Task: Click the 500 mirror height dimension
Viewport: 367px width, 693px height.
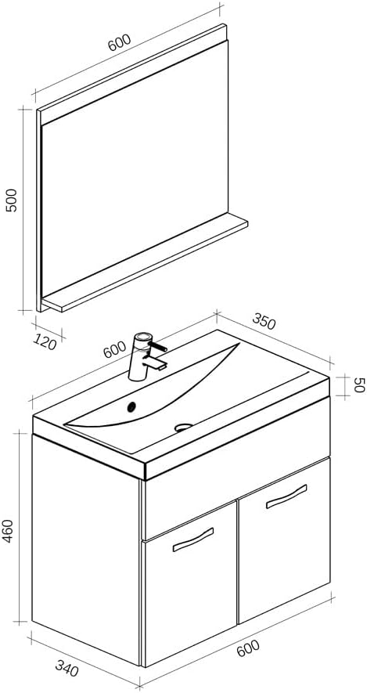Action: [x=12, y=208]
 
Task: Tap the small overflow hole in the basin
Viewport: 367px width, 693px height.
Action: [x=132, y=406]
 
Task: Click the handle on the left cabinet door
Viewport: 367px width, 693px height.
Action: [x=192, y=540]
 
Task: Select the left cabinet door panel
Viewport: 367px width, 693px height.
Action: [x=190, y=595]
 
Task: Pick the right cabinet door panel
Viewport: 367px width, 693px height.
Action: [x=283, y=548]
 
